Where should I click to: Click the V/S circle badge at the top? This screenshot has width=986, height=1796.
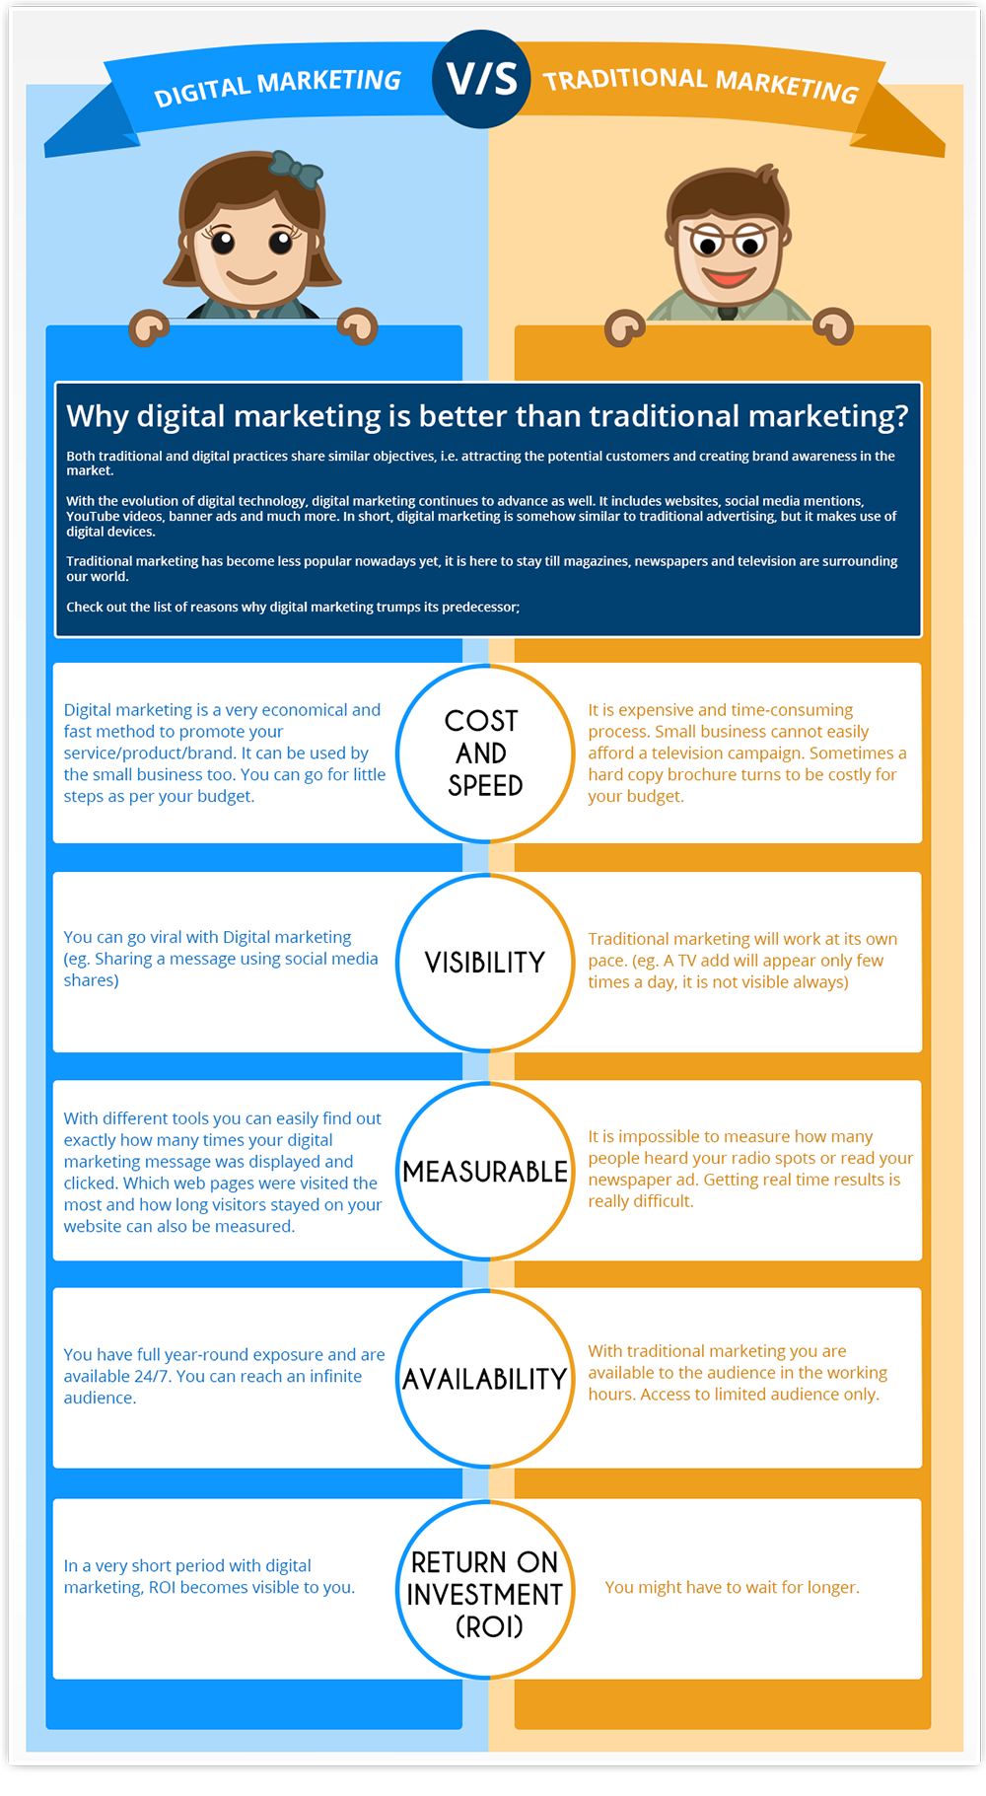click(481, 79)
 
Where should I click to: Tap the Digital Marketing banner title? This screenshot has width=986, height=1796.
click(277, 87)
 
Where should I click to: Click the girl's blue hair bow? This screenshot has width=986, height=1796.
click(295, 169)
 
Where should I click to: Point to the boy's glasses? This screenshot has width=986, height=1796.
click(728, 240)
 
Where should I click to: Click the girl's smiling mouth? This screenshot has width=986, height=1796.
click(251, 275)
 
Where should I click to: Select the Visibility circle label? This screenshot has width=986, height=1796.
click(485, 963)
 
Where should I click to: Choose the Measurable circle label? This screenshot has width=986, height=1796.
click(485, 1172)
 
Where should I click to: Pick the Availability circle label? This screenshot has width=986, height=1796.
click(485, 1379)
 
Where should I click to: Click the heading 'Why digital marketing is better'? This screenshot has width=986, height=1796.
click(487, 416)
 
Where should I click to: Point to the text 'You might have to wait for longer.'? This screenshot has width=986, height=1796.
click(732, 1587)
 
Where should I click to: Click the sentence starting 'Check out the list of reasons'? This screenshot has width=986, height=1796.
click(293, 607)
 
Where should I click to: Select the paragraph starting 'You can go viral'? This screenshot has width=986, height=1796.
click(221, 959)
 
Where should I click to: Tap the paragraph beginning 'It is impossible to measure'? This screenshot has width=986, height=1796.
click(750, 1169)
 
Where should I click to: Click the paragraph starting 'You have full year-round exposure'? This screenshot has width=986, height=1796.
click(224, 1376)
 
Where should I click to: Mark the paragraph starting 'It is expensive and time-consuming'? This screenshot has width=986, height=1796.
click(747, 753)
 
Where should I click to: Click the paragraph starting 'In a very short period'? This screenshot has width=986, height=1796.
click(209, 1576)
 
